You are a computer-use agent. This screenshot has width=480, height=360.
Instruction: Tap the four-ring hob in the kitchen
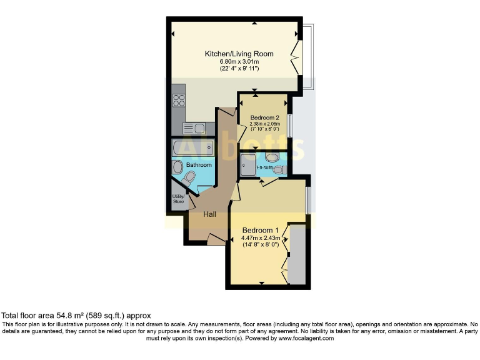[x=179, y=100]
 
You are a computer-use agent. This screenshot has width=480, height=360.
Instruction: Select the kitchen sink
[x=194, y=129]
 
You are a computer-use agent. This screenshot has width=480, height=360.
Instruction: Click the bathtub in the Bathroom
[x=193, y=149]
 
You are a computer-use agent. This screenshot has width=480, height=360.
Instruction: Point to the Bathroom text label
[x=199, y=165]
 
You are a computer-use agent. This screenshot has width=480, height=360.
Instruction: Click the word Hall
[x=209, y=214]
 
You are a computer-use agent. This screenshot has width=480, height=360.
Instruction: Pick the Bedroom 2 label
[x=264, y=117]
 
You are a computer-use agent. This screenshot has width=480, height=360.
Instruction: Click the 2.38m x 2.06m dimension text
[x=264, y=124]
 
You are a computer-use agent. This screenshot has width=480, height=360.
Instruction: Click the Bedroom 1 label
[x=261, y=229]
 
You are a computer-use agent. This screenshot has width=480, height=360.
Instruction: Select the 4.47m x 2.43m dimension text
[x=261, y=237]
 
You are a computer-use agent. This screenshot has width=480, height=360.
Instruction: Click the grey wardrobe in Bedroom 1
[x=296, y=255]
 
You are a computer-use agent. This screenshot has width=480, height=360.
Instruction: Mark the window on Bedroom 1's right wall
[x=307, y=199]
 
